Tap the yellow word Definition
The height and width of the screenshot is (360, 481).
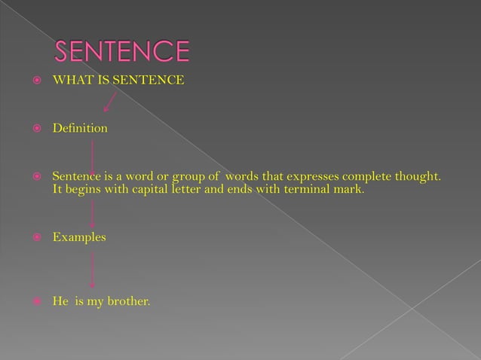(79, 129)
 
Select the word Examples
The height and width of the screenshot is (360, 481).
(78, 237)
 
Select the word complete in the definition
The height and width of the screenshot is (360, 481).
(367, 177)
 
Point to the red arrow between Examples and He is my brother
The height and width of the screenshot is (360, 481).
(92, 270)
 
